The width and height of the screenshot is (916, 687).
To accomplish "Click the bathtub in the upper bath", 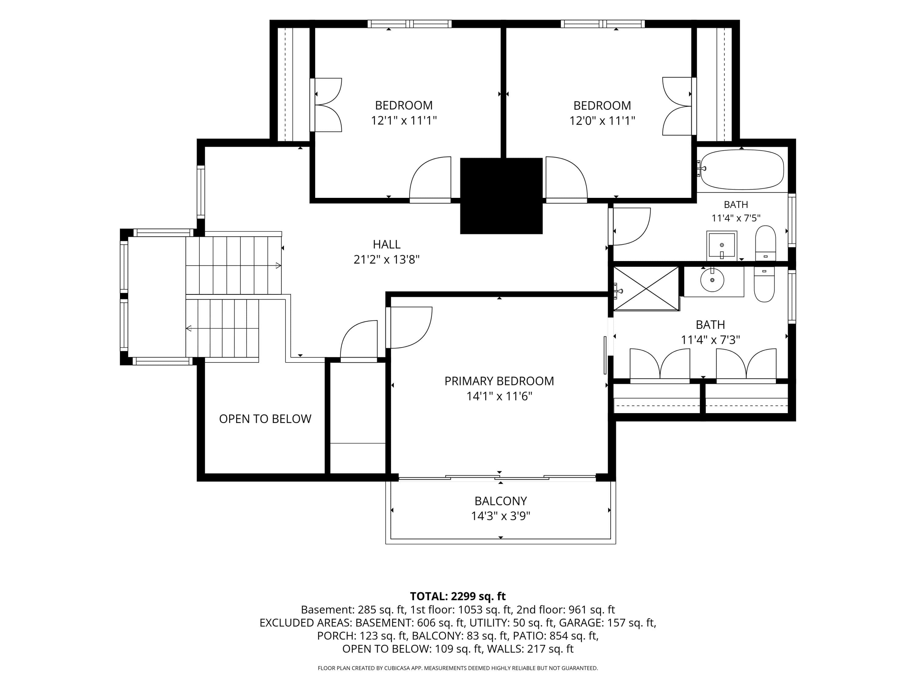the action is click(x=742, y=170).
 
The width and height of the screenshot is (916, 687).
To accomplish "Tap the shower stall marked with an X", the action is click(x=646, y=289).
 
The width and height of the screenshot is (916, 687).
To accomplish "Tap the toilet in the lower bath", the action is click(x=764, y=285).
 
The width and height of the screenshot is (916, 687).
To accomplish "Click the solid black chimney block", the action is click(x=501, y=196).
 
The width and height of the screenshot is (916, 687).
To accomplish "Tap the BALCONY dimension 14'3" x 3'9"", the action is click(x=501, y=516).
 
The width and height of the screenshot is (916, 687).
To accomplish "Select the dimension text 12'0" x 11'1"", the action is click(x=602, y=121).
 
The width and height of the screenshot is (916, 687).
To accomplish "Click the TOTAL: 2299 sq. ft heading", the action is click(x=458, y=596).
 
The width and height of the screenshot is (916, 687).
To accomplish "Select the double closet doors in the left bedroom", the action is click(x=327, y=105).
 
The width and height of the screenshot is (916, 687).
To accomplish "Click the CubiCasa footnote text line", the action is click(x=458, y=668).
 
